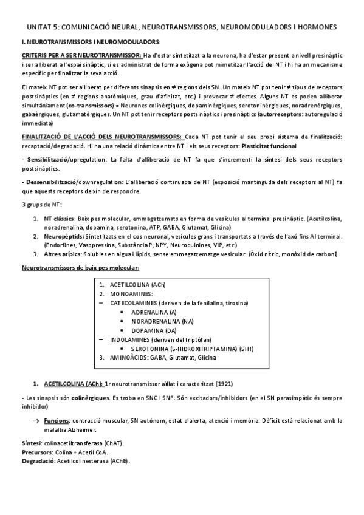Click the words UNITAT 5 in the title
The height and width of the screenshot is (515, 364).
click(x=44, y=27)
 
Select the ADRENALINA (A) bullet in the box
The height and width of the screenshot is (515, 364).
click(x=152, y=312)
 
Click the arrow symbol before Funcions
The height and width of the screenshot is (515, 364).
click(x=36, y=421)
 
